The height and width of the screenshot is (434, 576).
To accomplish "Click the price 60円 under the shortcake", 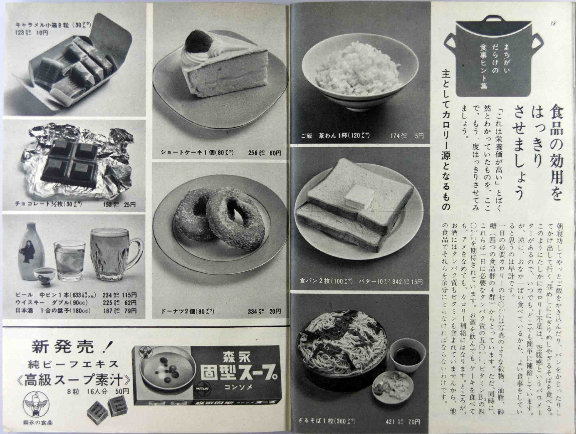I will click(x=275, y=153).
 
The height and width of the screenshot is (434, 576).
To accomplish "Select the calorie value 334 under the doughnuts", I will click(x=253, y=311).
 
